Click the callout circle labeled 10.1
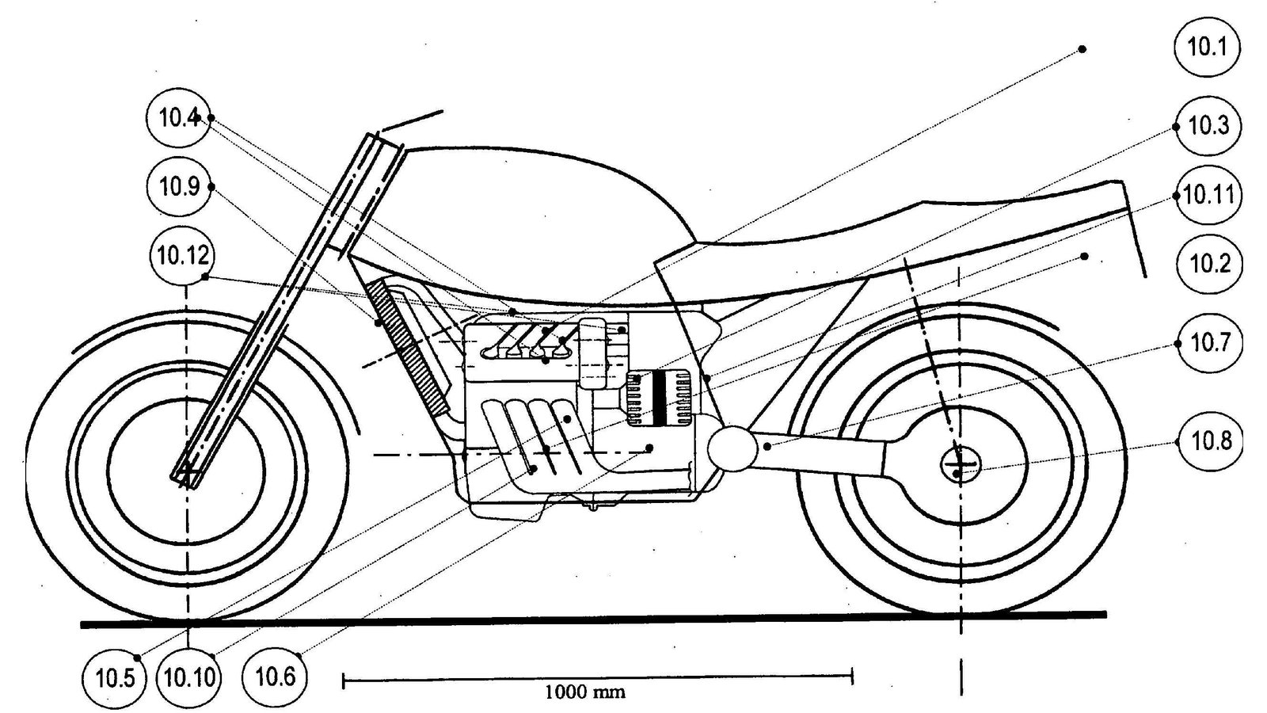[1207, 46]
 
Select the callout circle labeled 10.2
[1208, 263]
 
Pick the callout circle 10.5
[115, 677]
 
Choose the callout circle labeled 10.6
[275, 677]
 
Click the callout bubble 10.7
[1210, 342]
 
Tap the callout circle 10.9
[179, 187]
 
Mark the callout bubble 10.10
[188, 677]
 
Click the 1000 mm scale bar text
[585, 692]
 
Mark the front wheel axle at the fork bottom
[187, 475]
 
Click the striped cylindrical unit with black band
[660, 398]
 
